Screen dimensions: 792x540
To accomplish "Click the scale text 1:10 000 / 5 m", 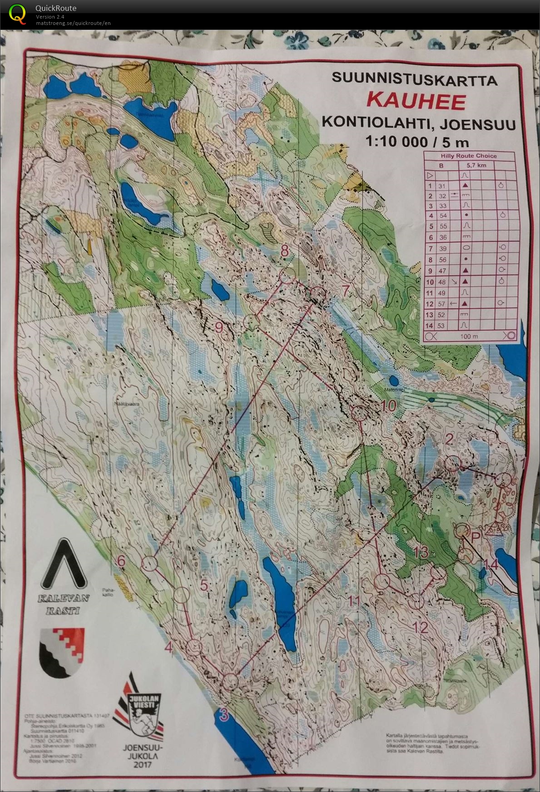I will [417, 142].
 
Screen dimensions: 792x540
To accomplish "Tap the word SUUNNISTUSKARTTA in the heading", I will [414, 78].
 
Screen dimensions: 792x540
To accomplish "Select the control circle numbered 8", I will [287, 275].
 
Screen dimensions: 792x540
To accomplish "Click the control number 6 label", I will [121, 561].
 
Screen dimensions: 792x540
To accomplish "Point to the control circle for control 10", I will [359, 413].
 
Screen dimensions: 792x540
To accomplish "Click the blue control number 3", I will [223, 714].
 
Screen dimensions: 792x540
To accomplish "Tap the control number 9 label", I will [219, 327].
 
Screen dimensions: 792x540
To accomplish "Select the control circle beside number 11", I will [382, 581].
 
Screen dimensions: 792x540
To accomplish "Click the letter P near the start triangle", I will [476, 537].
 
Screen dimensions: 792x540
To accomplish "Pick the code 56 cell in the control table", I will [442, 259].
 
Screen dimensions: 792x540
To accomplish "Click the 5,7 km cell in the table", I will [476, 165].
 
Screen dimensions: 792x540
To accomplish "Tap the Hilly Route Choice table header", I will [469, 156].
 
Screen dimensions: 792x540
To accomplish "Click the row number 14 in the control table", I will [429, 326].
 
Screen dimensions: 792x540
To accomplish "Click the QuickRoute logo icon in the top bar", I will [17, 13].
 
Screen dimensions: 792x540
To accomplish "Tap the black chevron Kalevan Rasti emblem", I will [64, 565].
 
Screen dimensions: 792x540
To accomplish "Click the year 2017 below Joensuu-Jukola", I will [142, 764].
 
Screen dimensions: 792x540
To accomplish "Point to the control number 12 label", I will [421, 627].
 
